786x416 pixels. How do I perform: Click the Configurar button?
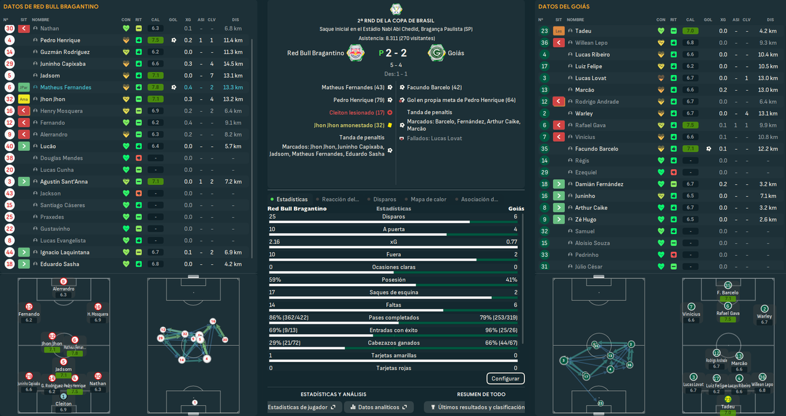coord(506,379)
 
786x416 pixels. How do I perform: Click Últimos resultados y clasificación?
coord(477,407)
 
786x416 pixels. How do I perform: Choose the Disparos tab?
coord(384,199)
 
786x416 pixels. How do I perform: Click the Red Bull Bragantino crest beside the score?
coord(354,53)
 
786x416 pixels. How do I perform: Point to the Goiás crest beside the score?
coord(436,53)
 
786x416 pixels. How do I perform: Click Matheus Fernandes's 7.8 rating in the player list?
coord(155,87)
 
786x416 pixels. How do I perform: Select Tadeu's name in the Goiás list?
coord(583,31)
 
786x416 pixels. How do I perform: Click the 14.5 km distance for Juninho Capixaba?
coord(233,64)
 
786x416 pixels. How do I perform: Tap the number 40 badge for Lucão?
coord(9,146)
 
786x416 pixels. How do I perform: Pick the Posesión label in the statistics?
coord(393,280)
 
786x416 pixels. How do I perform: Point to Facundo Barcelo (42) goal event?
coord(434,87)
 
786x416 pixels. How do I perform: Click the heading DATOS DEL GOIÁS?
coord(564,7)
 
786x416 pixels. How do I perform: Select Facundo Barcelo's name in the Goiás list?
coord(597,149)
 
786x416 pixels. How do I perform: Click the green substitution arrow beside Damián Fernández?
coord(559,184)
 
